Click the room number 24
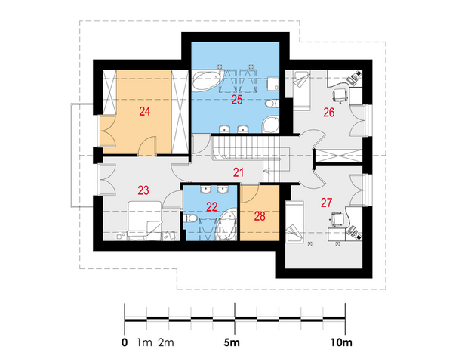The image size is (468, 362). tap(145, 112)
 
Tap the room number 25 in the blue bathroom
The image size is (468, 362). tap(237, 100)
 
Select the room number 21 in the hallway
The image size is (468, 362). tap(239, 172)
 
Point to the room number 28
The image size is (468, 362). tap(260, 216)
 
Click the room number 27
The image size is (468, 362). tap(326, 203)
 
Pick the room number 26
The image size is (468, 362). tap(329, 113)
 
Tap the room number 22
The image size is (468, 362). tap(211, 206)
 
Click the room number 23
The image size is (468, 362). tap(143, 190)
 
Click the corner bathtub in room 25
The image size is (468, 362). tap(207, 80)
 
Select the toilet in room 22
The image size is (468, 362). tap(189, 218)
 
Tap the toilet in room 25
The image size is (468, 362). tap(272, 104)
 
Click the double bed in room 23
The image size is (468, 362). tap(145, 221)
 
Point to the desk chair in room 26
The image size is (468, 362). tap(340, 95)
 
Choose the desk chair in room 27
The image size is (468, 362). tap(337, 219)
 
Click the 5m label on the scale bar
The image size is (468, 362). tap(232, 342)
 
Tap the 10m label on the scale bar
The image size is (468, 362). tap(341, 342)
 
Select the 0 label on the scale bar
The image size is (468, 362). tap(125, 342)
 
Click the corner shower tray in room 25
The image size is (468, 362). tap(270, 124)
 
